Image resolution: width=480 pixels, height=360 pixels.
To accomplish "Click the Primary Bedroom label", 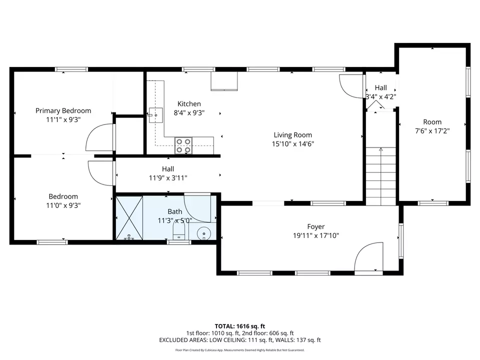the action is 63,110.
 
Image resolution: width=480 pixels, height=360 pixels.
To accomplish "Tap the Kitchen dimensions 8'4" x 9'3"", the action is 189,113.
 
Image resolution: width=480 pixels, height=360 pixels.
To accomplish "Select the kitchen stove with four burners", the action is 183,145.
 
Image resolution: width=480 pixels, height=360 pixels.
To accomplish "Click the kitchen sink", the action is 156,115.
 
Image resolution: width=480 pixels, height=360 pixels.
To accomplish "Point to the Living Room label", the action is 293,135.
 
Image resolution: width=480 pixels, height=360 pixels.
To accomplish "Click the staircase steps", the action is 381,176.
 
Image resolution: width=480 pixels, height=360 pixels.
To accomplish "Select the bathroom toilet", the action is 179,230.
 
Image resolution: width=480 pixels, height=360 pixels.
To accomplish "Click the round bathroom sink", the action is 203,234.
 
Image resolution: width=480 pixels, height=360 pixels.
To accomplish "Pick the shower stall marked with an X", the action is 129,218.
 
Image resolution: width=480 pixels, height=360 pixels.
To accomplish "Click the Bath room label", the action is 175,211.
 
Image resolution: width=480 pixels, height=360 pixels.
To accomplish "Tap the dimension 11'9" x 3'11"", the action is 168,178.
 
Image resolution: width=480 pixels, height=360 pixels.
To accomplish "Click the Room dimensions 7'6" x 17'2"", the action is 432,131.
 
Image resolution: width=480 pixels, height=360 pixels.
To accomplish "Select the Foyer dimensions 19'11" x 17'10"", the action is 316,235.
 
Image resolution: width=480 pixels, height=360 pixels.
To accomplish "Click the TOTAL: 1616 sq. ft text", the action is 239,326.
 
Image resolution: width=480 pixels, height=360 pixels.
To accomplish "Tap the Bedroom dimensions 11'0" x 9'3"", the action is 63,205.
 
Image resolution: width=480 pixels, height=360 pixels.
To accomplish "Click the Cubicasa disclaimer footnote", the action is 239,350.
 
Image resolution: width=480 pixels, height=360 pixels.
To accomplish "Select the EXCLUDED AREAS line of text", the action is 239,340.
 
